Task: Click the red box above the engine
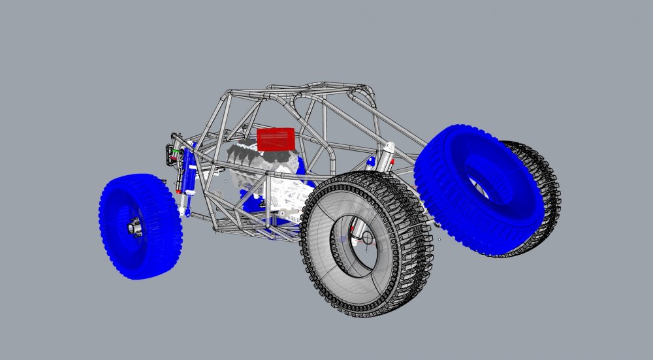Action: point(276,139)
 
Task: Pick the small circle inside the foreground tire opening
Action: point(366,238)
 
